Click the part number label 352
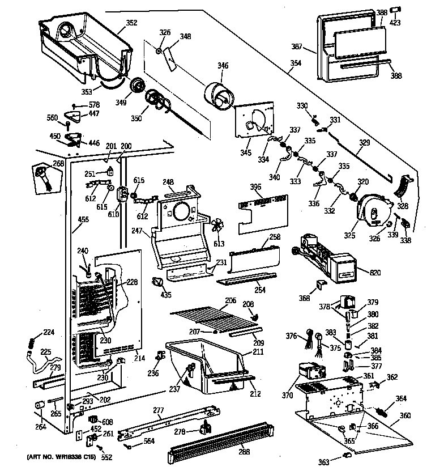click(131, 23)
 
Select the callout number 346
click(223, 66)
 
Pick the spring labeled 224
click(32, 342)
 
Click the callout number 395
click(256, 187)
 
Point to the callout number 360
click(405, 416)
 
